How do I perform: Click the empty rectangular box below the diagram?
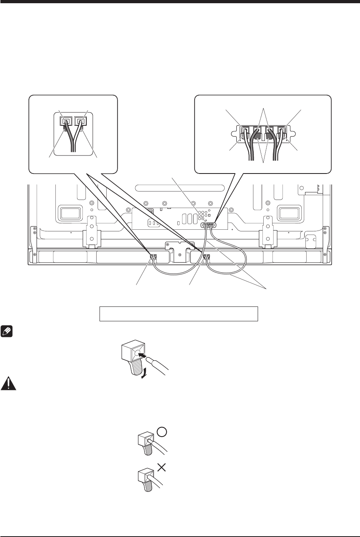(178, 313)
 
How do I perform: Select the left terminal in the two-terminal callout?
(65, 121)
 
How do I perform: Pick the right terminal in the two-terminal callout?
(82, 121)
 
